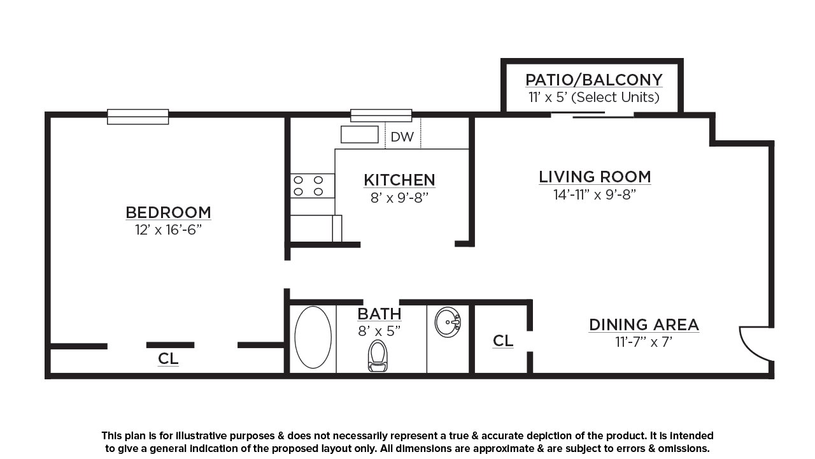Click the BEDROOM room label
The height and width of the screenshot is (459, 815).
168,212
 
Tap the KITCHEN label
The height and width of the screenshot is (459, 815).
399,180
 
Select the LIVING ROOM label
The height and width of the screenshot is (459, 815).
595,177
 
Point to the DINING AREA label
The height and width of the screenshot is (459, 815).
644,325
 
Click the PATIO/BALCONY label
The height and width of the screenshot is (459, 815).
594,80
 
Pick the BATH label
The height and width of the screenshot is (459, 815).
379,314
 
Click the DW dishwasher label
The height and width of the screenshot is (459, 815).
402,137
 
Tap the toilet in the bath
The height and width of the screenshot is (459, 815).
378,356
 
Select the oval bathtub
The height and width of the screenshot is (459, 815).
313,337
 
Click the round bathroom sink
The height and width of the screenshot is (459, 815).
448,322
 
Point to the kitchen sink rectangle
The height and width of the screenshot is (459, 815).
360,135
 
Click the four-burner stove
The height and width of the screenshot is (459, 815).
312,186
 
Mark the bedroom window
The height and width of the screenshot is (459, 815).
138,117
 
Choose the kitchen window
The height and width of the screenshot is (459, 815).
381,115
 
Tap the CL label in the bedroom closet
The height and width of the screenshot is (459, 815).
168,359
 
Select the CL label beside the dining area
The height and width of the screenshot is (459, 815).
503,341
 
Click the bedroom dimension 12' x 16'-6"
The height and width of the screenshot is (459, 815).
168,230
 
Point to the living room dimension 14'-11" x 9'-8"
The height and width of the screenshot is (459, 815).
595,194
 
